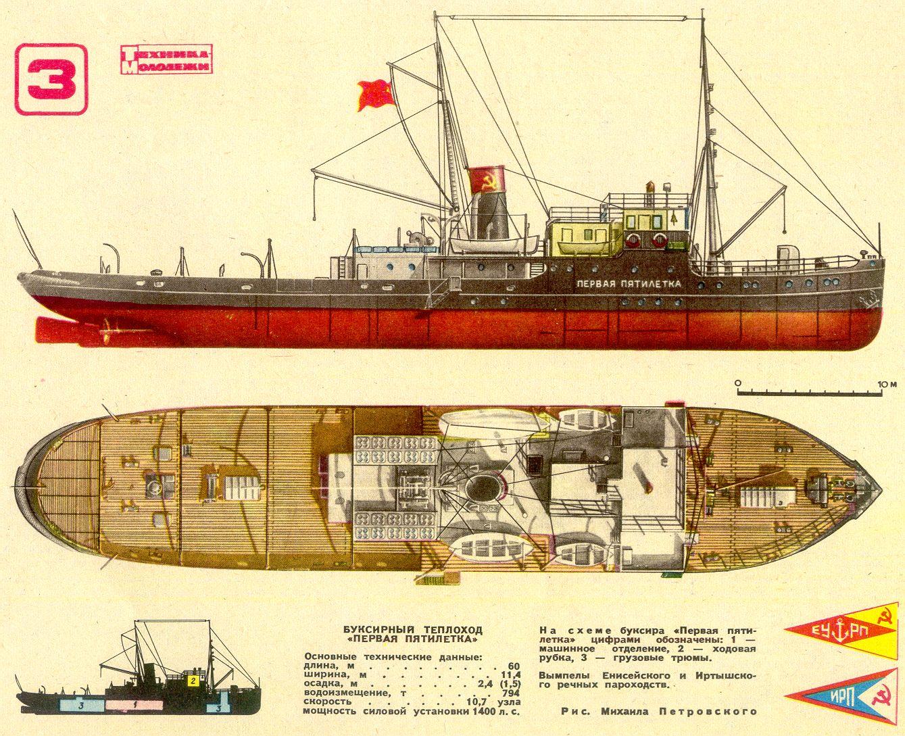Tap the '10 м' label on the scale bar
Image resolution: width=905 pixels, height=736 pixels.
(x=887, y=384)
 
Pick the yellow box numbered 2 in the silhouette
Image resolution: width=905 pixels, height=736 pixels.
(x=193, y=681)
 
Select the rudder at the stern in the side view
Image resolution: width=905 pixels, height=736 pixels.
(x=53, y=328)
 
